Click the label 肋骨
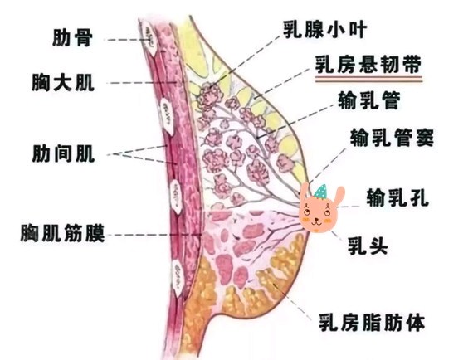point(72,37)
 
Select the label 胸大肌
point(63,82)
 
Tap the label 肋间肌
point(63,153)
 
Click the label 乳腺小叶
point(325,30)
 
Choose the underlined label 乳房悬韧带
point(368,65)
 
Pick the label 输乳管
point(369,100)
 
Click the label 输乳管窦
point(392,138)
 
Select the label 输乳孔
point(397,197)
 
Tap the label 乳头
point(368,246)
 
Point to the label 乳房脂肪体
point(373,322)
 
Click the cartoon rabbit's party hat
point(320,192)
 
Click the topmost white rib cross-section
point(149,37)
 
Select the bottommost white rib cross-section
point(178,278)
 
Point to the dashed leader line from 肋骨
point(127,40)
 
